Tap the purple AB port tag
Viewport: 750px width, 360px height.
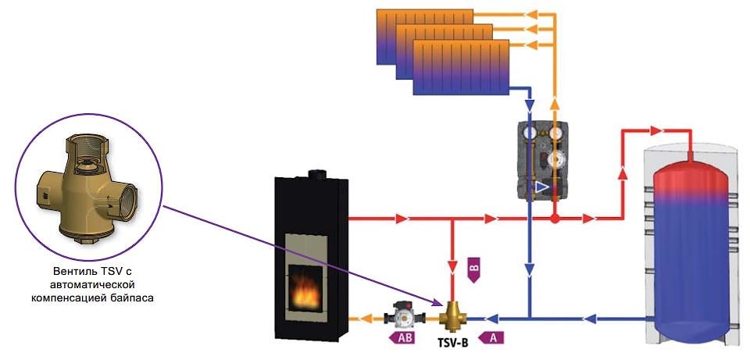[405, 338]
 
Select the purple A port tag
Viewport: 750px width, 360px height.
[493, 337]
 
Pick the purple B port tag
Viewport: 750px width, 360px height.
[473, 269]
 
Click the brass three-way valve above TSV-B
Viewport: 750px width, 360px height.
[452, 316]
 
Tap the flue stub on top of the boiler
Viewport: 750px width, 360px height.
[317, 173]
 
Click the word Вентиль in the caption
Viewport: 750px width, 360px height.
[68, 271]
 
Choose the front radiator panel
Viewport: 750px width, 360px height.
[462, 69]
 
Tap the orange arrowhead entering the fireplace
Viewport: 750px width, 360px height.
[363, 318]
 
